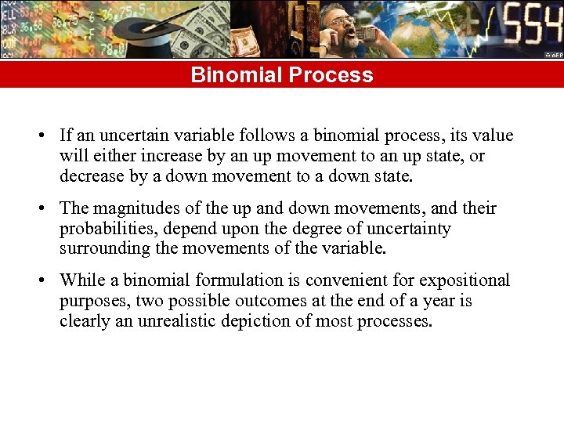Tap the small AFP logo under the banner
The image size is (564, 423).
click(x=554, y=56)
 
